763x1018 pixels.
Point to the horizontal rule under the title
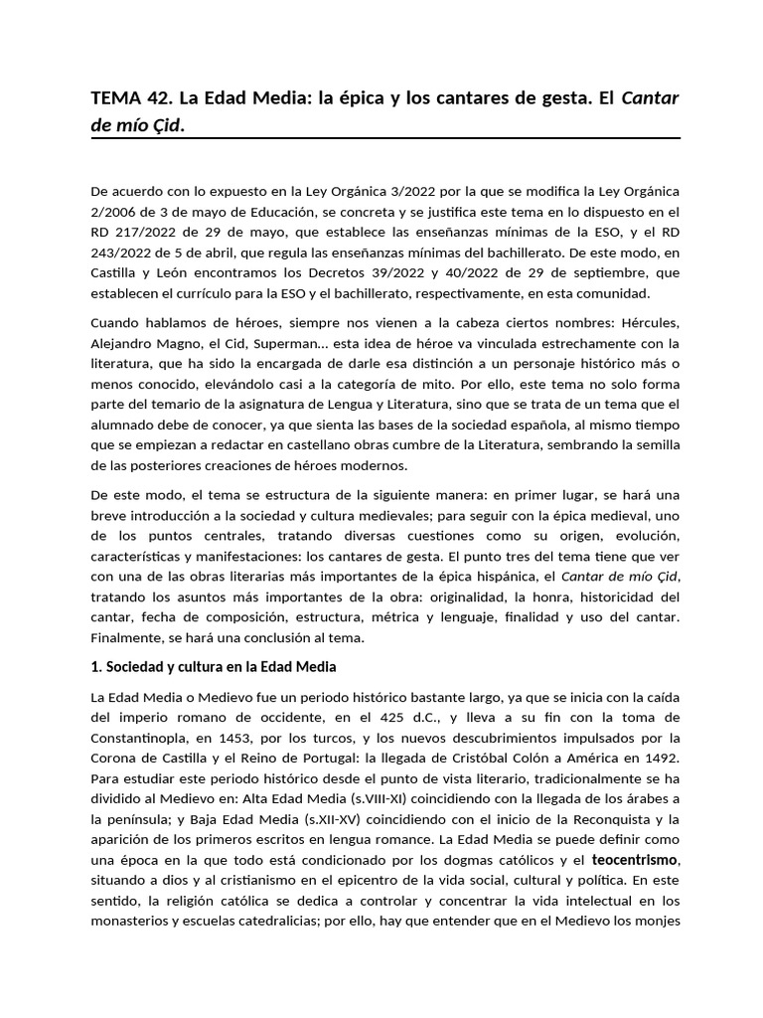[385, 137]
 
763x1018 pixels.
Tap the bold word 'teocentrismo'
[635, 859]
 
